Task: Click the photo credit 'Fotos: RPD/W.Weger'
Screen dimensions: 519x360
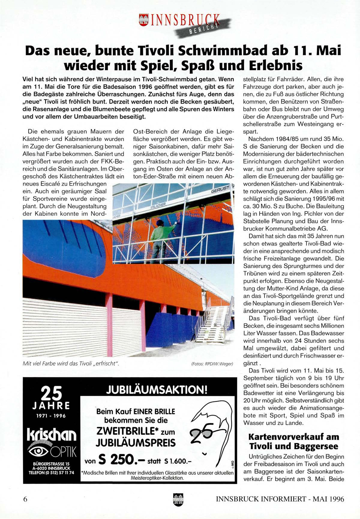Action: [x=212, y=364]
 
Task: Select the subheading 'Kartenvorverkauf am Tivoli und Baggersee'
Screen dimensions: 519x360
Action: [x=293, y=442]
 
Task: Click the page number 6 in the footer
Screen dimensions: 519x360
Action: [x=25, y=499]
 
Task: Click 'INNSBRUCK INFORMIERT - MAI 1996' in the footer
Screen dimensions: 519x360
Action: [x=280, y=499]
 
